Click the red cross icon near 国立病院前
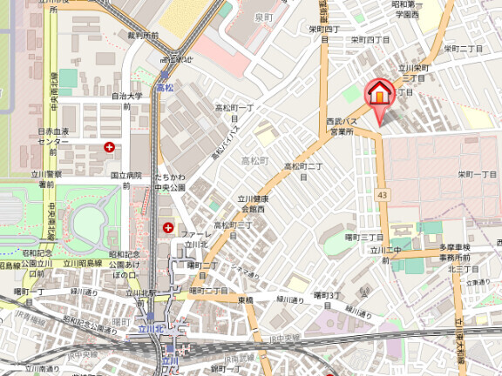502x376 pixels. coord(109,148)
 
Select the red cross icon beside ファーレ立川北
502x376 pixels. coord(168,228)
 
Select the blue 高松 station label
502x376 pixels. coord(165,87)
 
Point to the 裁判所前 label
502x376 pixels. coord(142,36)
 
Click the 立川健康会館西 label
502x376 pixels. coord(255,205)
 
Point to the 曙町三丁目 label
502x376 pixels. coord(364,237)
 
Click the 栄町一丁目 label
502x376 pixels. coord(478,174)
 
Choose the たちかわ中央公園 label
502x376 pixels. coord(171,182)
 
